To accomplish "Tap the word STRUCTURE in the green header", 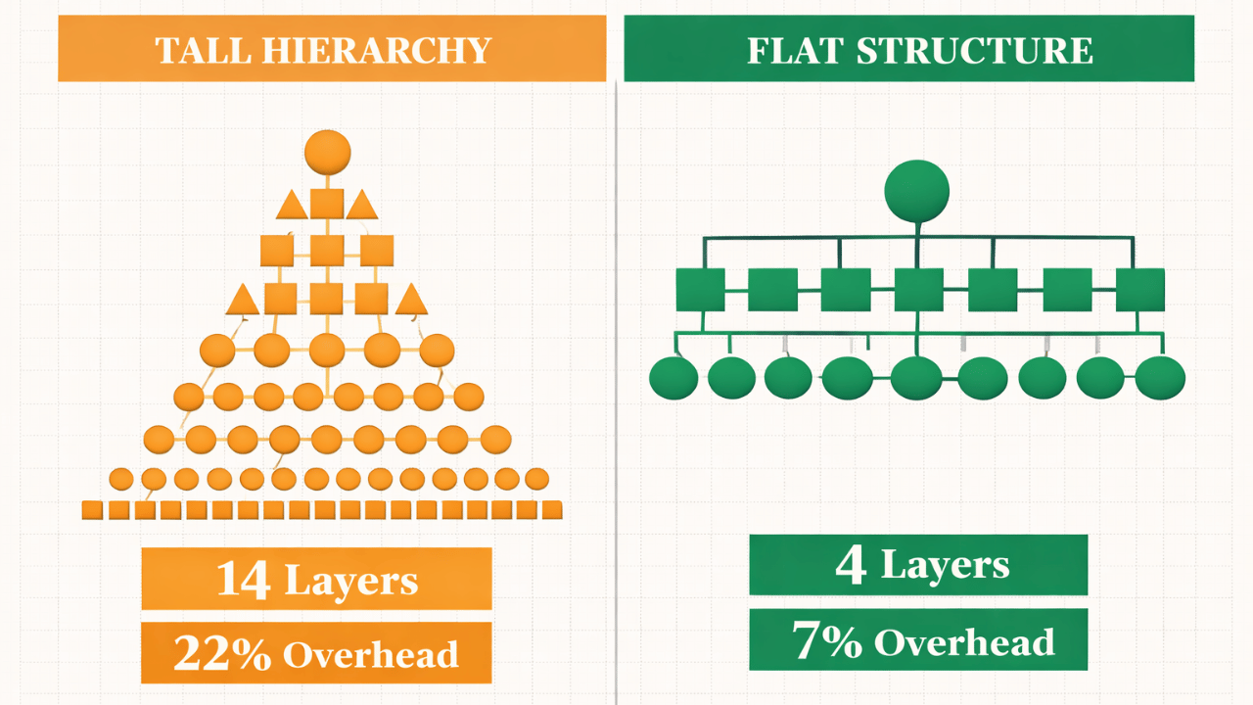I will pyautogui.click(x=975, y=51).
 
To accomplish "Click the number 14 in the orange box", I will pyautogui.click(x=244, y=580).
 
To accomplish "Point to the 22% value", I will pyautogui.click(x=222, y=653).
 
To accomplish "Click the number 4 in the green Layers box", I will pyautogui.click(x=850, y=566).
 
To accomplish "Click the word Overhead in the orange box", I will pyautogui.click(x=371, y=654).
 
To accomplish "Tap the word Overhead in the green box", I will pyautogui.click(x=964, y=642).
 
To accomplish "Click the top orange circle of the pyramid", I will pyautogui.click(x=327, y=153).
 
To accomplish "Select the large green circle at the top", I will pyautogui.click(x=916, y=190).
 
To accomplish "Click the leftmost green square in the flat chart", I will pyautogui.click(x=700, y=290).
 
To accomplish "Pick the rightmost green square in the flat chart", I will pyautogui.click(x=1140, y=290).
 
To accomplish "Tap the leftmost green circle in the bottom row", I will pyautogui.click(x=673, y=378).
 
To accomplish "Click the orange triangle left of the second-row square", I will pyautogui.click(x=292, y=206).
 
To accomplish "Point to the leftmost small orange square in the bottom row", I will pyautogui.click(x=92, y=509).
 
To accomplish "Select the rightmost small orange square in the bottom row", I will pyautogui.click(x=552, y=509).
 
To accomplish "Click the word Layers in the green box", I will pyautogui.click(x=945, y=565).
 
